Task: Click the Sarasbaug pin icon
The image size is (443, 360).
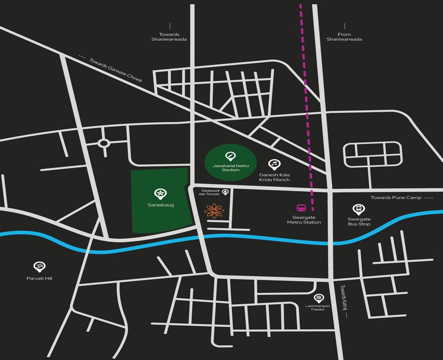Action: tap(160, 193)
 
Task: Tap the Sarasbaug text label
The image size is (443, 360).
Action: tap(161, 205)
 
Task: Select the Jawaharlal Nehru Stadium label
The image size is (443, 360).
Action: tap(231, 168)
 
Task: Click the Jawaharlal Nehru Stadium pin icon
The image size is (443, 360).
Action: tap(231, 156)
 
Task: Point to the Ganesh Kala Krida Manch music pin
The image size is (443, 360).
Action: tap(274, 164)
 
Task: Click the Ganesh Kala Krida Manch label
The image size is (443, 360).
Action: tap(274, 177)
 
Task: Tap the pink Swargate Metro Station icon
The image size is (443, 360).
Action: tap(301, 208)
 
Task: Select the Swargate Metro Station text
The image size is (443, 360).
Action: tap(304, 220)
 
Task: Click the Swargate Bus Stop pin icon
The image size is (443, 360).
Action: tap(358, 209)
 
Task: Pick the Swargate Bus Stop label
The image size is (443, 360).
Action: tap(359, 221)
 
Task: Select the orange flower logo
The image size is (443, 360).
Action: tap(214, 211)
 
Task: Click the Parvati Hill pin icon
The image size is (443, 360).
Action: tap(39, 267)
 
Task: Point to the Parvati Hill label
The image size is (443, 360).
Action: tap(39, 279)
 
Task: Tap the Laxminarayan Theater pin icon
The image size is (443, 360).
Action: tap(318, 297)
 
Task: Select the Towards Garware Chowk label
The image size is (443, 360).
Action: tap(116, 70)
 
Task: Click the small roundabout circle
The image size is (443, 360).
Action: tap(104, 144)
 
